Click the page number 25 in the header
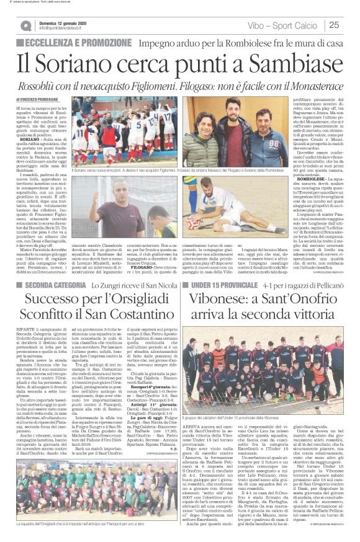(333, 25)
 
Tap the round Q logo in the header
(25, 25)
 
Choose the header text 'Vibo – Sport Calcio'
(287, 25)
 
